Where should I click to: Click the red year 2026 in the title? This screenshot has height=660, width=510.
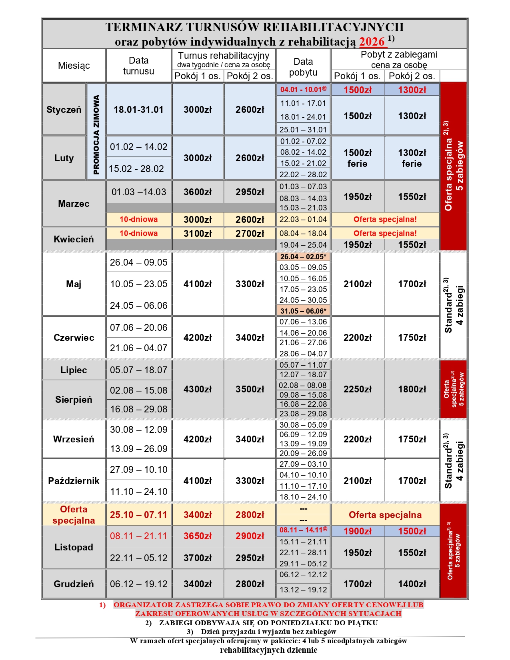tap(372, 42)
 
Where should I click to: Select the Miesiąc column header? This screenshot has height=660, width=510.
tap(74, 66)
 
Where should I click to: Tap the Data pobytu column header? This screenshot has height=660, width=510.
tap(303, 67)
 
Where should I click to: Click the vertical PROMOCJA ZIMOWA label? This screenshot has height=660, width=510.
tap(96, 134)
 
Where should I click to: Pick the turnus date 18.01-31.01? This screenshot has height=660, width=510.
tap(138, 110)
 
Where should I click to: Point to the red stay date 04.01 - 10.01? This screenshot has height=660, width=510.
tap(303, 90)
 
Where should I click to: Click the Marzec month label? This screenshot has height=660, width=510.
tap(74, 204)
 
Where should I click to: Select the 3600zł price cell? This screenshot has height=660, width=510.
tap(198, 192)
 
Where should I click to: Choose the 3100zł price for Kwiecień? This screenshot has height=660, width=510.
tap(198, 233)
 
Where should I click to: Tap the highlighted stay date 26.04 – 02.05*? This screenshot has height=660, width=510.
tap(303, 257)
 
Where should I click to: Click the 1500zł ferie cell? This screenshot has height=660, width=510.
tap(358, 158)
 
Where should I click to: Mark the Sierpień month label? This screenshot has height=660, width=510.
tap(74, 400)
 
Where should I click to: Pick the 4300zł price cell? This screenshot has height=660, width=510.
tap(198, 389)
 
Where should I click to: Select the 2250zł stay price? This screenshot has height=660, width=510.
tap(358, 389)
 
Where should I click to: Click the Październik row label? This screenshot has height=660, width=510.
tap(74, 481)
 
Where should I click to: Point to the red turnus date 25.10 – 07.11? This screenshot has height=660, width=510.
tap(138, 515)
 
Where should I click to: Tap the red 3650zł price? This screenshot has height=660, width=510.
tap(198, 536)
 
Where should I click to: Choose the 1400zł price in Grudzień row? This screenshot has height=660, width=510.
tap(412, 584)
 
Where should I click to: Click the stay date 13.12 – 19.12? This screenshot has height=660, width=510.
tap(303, 590)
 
